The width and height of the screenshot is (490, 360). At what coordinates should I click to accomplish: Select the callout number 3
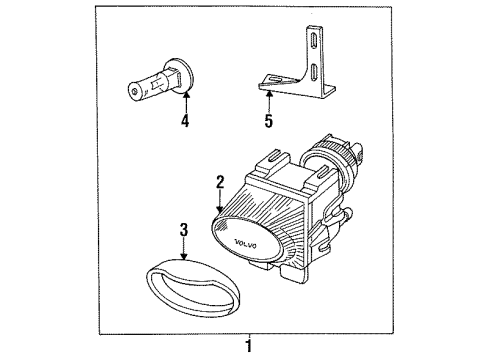tap(184, 231)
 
